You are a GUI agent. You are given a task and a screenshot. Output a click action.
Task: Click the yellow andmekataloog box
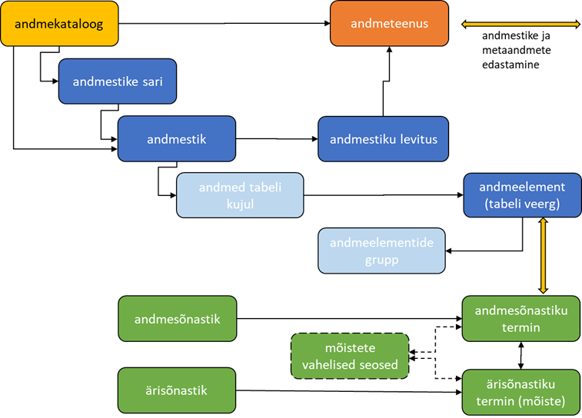click(59, 23)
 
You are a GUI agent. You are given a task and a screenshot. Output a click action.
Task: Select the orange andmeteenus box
click(389, 24)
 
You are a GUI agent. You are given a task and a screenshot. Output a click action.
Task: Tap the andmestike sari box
click(118, 81)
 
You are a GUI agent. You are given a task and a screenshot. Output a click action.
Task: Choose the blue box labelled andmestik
click(176, 139)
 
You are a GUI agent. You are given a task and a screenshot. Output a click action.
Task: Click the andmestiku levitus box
click(383, 139)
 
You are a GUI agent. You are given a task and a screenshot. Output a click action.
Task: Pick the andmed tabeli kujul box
click(240, 195)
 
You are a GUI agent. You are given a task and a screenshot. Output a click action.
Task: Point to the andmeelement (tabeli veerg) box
click(522, 195)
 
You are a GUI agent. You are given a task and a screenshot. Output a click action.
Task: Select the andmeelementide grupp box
click(382, 251)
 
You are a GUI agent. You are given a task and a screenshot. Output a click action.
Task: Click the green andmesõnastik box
click(176, 318)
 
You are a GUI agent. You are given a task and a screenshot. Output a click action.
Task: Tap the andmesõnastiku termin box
click(522, 318)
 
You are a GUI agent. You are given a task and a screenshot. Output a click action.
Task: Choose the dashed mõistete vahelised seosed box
click(350, 356)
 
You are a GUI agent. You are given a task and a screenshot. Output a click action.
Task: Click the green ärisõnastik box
click(176, 390)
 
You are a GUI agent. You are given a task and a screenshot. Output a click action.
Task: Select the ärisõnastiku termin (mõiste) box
click(522, 392)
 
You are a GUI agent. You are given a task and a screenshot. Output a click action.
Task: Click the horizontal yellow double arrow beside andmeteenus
click(520, 25)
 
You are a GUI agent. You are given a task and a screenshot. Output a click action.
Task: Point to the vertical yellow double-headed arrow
click(544, 255)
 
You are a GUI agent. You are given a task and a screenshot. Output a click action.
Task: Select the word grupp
click(382, 260)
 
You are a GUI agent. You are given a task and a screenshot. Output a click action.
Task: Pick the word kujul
click(240, 204)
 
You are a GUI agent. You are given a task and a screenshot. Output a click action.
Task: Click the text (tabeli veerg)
click(522, 204)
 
